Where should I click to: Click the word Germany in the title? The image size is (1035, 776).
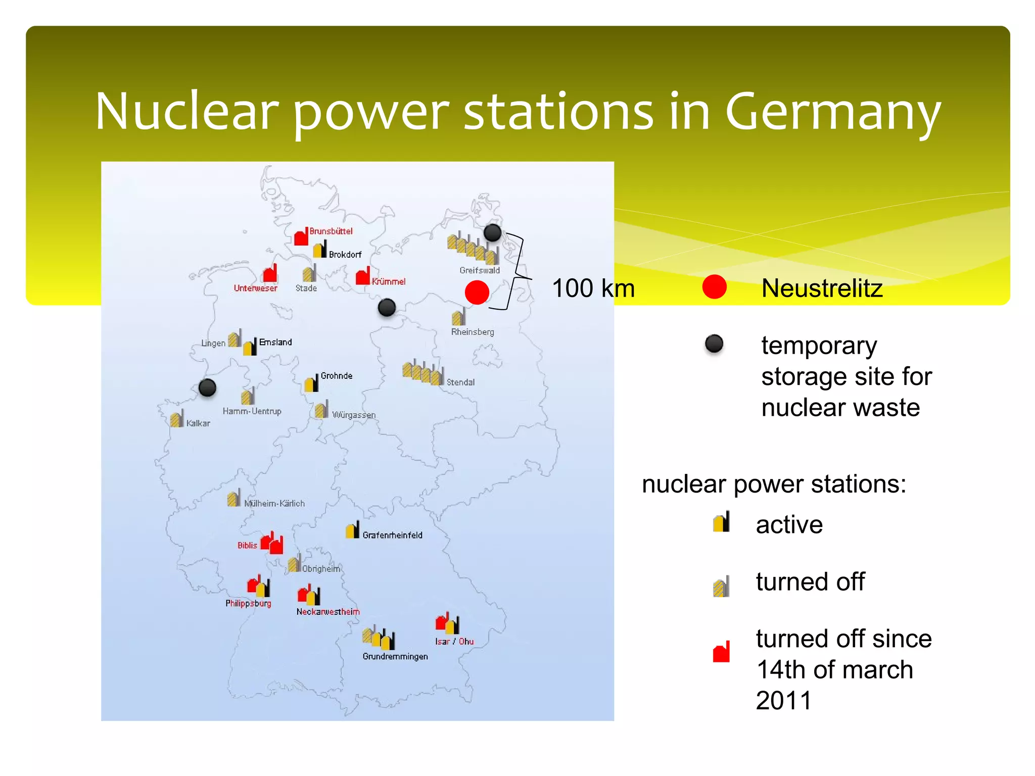tap(832, 112)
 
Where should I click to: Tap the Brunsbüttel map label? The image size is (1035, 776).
tap(331, 231)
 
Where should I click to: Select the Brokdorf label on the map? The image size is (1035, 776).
tap(345, 255)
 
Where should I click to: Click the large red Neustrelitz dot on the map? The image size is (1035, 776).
tap(477, 292)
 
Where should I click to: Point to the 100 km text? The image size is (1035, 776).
tap(593, 288)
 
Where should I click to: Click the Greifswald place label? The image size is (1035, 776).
tap(479, 270)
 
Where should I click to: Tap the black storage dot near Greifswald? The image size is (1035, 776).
tap(492, 233)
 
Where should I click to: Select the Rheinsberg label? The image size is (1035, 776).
tap(473, 332)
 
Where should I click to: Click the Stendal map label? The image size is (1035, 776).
tap(460, 382)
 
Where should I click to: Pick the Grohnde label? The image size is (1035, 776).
tap(337, 376)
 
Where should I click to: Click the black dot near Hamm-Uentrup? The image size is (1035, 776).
tap(207, 387)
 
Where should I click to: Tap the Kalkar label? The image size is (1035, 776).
tap(198, 423)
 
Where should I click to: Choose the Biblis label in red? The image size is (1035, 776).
tap(247, 546)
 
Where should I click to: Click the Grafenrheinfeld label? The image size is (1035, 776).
tap(392, 535)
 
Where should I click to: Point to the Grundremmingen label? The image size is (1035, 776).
tap(395, 656)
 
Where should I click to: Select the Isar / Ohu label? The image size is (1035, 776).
tap(454, 642)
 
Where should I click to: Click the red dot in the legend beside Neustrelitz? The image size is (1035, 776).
tap(714, 287)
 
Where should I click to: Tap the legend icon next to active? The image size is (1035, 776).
tap(721, 522)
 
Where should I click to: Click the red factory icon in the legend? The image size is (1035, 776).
tap(721, 652)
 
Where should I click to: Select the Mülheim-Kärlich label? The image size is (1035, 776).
tap(274, 504)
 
